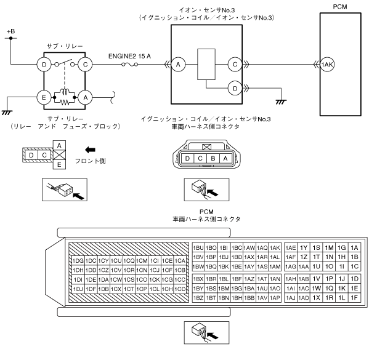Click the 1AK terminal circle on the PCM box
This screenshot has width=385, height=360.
[327, 65]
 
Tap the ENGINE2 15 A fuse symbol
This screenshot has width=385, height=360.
[129, 65]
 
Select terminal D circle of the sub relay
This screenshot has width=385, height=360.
[44, 65]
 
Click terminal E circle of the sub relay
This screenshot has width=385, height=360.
[44, 97]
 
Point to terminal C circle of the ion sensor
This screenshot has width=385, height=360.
[235, 65]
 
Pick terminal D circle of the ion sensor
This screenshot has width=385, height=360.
[235, 88]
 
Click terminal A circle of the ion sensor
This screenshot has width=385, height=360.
[178, 65]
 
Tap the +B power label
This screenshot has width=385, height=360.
[11, 31]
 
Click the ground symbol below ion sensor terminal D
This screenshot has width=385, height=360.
[281, 102]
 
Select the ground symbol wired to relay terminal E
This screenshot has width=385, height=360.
[7, 113]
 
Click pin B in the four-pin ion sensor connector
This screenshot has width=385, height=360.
[213, 158]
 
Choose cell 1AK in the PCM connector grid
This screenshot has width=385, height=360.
[275, 248]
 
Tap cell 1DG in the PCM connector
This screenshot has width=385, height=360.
[78, 261]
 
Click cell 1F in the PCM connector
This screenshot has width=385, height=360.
[354, 298]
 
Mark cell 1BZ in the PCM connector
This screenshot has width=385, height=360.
[198, 298]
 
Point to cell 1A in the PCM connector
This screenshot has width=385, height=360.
[354, 248]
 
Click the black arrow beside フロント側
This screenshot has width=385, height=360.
[90, 150]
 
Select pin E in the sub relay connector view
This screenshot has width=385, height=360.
[59, 164]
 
